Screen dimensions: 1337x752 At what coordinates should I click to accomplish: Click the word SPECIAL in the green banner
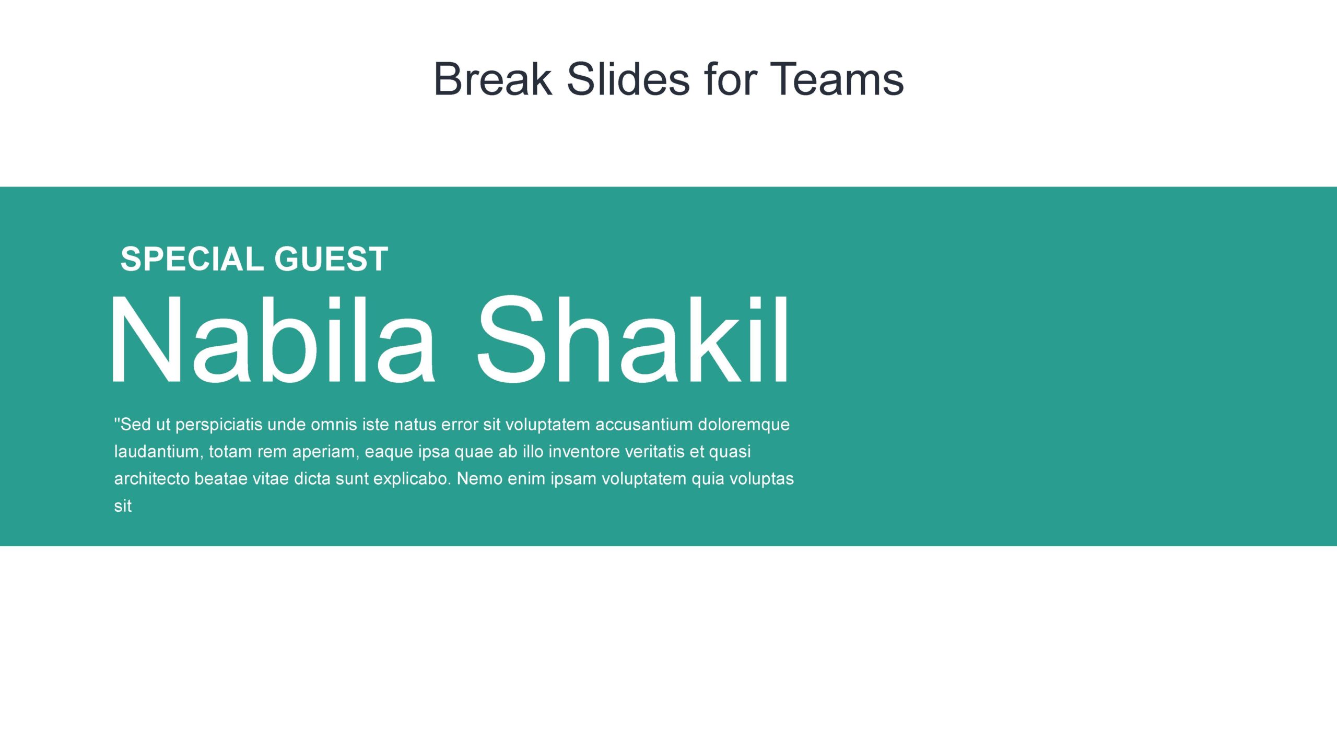pos(193,258)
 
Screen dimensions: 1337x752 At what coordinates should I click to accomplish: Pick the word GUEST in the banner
pos(331,258)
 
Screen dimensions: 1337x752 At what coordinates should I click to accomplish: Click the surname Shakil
pos(633,339)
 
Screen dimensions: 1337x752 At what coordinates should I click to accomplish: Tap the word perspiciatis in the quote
pos(219,425)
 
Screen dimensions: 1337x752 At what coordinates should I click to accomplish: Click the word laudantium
pos(157,451)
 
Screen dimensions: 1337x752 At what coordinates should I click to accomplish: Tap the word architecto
pos(152,478)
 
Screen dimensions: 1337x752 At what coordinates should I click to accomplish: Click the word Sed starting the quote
pos(133,425)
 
